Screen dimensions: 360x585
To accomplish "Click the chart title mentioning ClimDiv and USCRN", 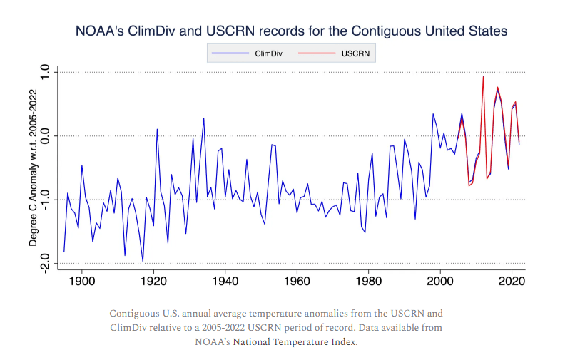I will (x=292, y=31).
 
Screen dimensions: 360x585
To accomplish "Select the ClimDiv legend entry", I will (x=268, y=53).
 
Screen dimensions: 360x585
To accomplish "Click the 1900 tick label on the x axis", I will (x=82, y=281).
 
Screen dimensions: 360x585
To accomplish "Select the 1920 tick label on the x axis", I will (x=153, y=281).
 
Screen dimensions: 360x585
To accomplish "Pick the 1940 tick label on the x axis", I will (x=225, y=281).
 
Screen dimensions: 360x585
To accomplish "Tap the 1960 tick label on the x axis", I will (x=297, y=281).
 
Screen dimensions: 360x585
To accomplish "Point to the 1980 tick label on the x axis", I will (x=369, y=281).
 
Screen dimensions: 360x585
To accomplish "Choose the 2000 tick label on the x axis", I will (x=440, y=281).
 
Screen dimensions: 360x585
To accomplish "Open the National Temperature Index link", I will (x=294, y=342).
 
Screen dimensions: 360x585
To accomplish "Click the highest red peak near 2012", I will (x=483, y=77).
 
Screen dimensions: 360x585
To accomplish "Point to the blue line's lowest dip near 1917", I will (x=143, y=262).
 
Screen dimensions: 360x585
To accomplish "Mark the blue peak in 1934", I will (x=203, y=118).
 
